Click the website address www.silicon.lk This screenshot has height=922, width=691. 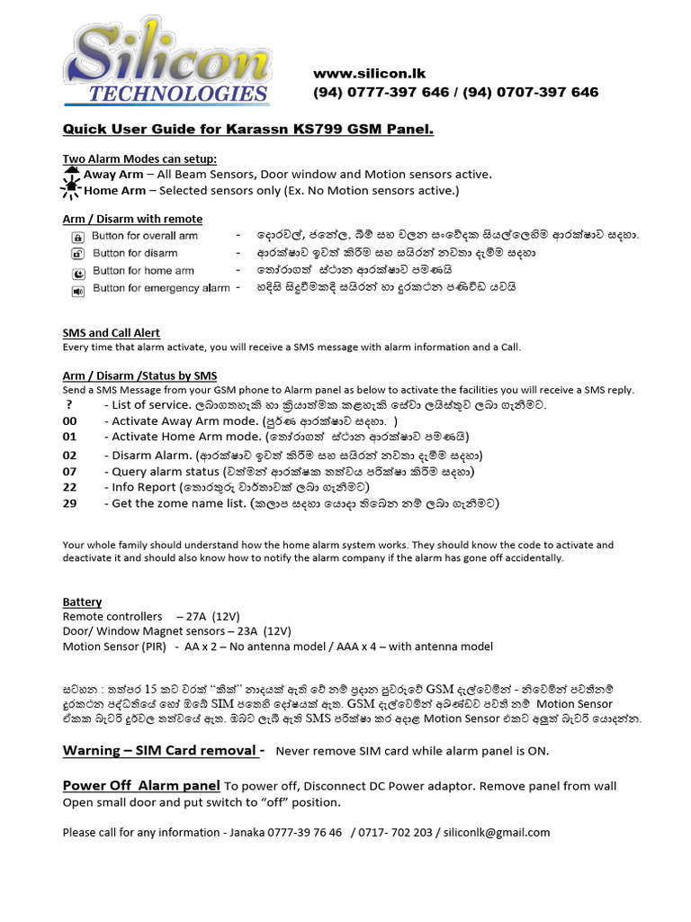click(x=369, y=73)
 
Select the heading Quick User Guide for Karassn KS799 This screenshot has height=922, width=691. click(x=247, y=130)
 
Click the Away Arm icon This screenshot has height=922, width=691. click(x=72, y=173)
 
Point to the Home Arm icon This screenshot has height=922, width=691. click(x=72, y=189)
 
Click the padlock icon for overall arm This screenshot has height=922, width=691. click(x=77, y=237)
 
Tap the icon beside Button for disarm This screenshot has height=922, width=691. click(x=77, y=254)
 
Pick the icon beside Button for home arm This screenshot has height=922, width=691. click(x=77, y=272)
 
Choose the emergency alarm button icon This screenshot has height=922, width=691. click(x=77, y=290)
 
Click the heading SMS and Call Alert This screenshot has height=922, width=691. click(x=111, y=333)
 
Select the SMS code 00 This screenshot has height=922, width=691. click(x=70, y=420)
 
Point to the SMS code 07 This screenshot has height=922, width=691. click(x=70, y=471)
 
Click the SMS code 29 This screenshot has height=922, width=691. click(x=70, y=503)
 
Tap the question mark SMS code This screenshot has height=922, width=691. click(x=67, y=405)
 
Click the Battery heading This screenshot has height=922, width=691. click(x=82, y=601)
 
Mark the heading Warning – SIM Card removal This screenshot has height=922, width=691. click(x=163, y=751)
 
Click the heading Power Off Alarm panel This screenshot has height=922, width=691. click(x=140, y=785)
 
